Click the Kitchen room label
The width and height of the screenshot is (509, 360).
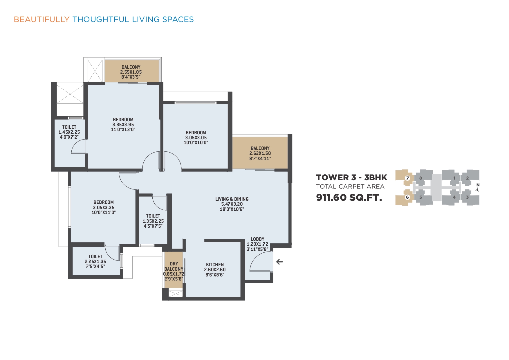pos(215,265)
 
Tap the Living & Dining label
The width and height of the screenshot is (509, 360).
pos(232,199)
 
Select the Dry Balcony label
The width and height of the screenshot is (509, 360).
pos(174,266)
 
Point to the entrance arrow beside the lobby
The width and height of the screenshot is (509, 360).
pos(279,262)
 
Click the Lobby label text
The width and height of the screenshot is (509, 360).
pos(257,239)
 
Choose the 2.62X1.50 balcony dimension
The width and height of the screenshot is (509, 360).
pos(260,153)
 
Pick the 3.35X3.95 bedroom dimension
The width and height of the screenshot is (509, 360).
pos(123,124)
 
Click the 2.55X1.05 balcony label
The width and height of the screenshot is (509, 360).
pos(131,72)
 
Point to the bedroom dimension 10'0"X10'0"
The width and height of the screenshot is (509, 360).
pos(196,142)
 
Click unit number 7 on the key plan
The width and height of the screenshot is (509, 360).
pos(407,178)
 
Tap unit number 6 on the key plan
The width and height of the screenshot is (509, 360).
pos(407,197)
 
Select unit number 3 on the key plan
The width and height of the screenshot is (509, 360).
pos(467,197)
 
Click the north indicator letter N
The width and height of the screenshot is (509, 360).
pos(478,185)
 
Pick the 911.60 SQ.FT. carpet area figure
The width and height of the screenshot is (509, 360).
pos(349,198)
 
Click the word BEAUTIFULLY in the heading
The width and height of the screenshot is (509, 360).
pos(41,19)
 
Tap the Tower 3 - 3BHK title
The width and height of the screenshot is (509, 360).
pos(351,177)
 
